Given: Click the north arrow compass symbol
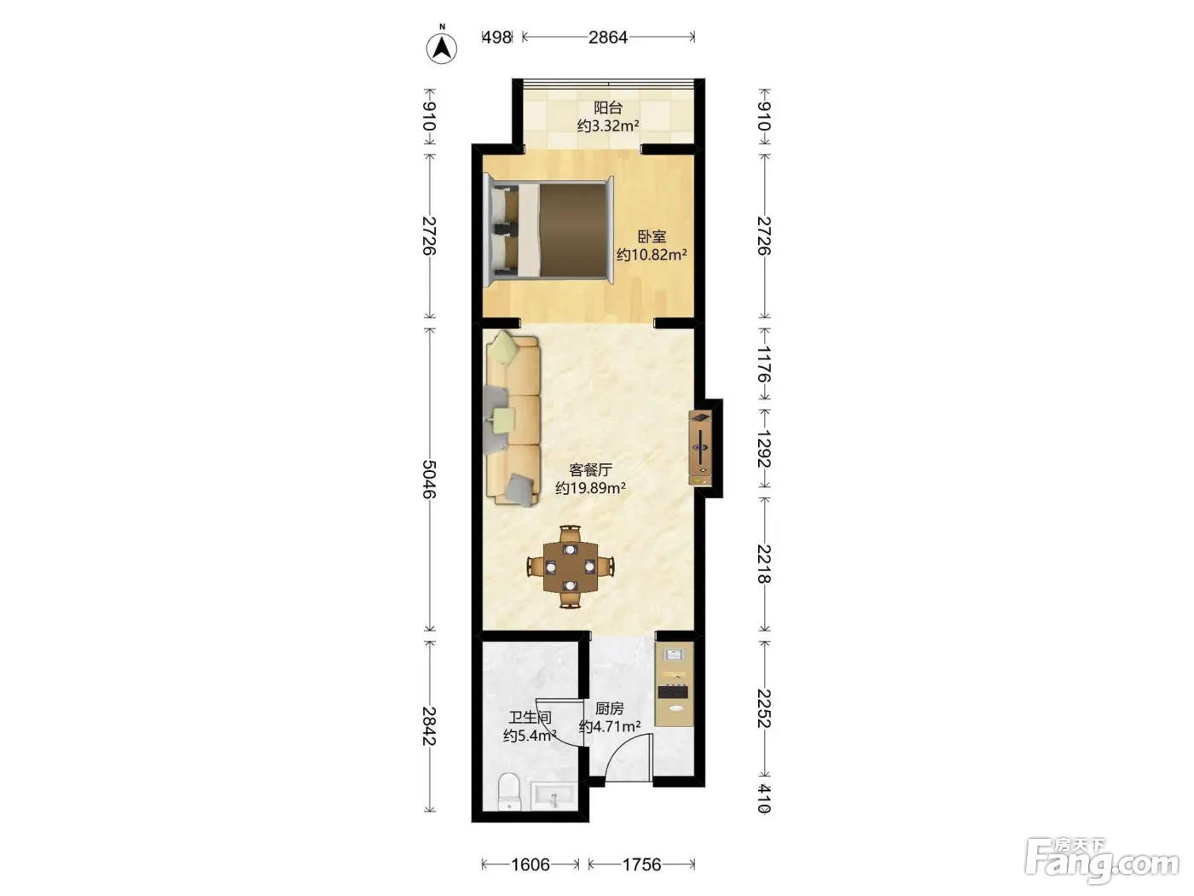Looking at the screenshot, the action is coord(441,48).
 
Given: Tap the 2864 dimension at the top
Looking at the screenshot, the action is coord(608,37).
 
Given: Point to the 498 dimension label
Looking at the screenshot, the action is coord(497,37).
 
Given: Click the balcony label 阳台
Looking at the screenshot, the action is coord(607,108).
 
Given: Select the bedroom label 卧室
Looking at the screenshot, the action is coord(651,236).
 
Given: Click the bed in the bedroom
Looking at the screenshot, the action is coord(548,230).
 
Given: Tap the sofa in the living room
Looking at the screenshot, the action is coord(513,418).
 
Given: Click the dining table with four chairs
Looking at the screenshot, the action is coord(570,567).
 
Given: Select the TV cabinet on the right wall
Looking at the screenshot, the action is coord(699,448).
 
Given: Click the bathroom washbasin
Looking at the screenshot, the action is coord(553,796).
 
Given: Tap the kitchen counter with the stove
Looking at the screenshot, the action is coord(675,684).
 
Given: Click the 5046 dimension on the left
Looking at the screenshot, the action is coord(429,480).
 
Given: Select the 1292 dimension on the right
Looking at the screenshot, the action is coord(764,449).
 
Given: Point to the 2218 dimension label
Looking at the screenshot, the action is coord(764,563).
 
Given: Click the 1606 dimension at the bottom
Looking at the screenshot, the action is coord(530,865).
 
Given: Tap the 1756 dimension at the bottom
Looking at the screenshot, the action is coord(642,865).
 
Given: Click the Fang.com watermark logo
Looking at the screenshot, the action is coord(1102,861).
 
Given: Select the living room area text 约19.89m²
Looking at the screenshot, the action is coord(590,488).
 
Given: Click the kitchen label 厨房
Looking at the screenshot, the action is coord(609,709).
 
